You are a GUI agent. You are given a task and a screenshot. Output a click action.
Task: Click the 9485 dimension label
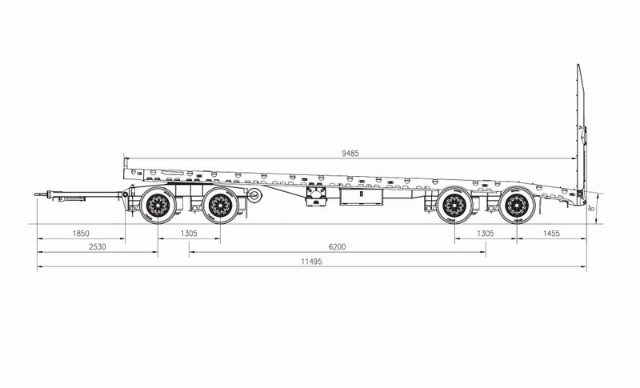coord(350,154)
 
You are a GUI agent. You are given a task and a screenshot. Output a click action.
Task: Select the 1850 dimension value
coord(81,234)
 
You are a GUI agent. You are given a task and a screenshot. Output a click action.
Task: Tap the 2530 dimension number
coord(98,246)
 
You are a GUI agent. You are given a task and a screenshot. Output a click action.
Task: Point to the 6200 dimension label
coord(337,246)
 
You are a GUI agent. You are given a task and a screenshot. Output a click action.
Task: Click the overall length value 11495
coord(311,262)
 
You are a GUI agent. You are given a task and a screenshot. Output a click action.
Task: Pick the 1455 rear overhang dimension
coord(551,234)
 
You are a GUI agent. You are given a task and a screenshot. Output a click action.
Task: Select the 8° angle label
coord(591,208)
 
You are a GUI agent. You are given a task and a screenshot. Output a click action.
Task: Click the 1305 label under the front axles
coord(189,234)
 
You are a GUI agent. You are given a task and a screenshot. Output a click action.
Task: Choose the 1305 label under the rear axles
coord(486,234)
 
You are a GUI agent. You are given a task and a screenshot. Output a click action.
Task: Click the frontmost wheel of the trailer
coord(158,206)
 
